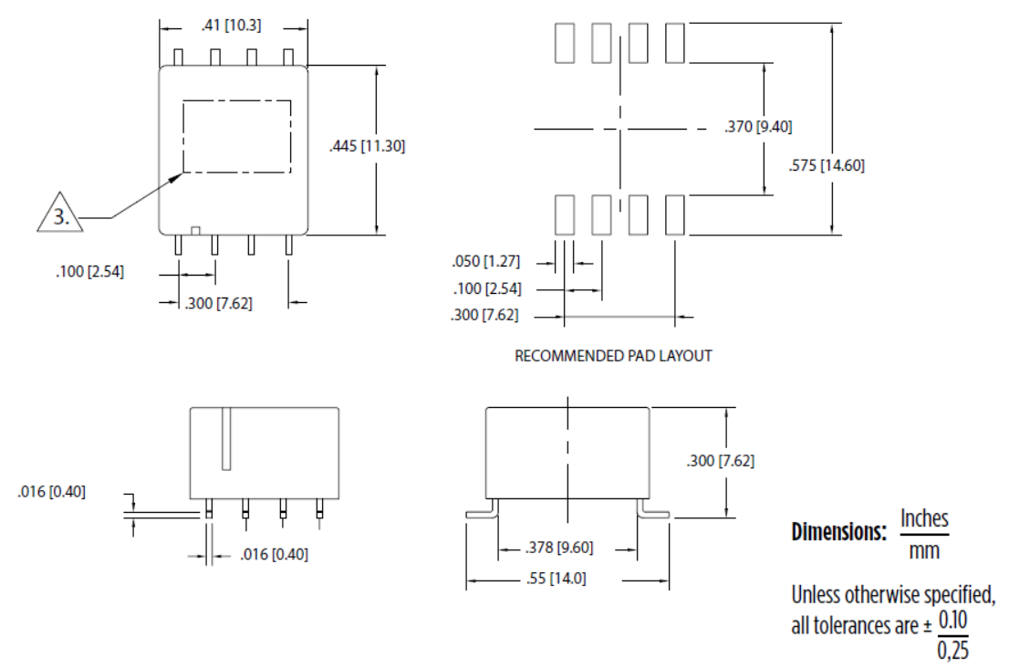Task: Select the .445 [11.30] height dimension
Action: tap(366, 145)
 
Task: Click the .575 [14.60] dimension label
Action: tap(827, 165)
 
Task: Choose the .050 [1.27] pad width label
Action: tap(485, 261)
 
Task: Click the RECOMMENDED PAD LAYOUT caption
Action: tap(613, 356)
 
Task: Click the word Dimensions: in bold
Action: tap(838, 532)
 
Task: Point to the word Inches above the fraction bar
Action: tap(924, 519)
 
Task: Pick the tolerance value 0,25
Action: tap(952, 651)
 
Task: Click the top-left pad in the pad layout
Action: tap(564, 43)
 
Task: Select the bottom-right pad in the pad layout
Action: tap(675, 214)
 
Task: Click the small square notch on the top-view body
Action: tap(194, 228)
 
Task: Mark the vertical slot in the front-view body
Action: tap(226, 438)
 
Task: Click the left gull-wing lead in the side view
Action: tap(481, 512)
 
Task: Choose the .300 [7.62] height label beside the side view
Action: tap(720, 461)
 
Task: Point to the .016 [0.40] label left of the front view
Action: tap(51, 492)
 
